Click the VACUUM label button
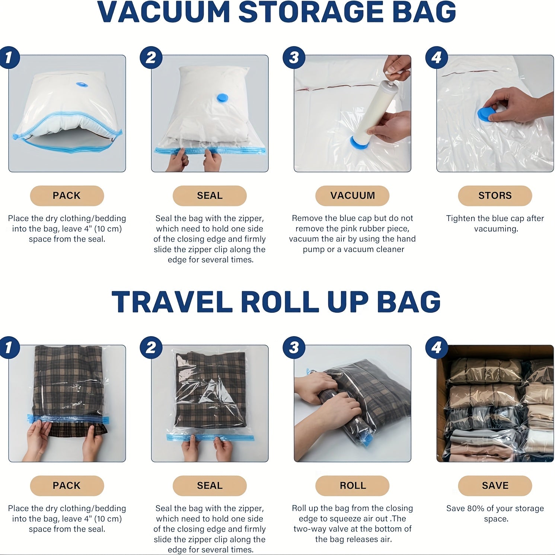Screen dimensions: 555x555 click(x=352, y=196)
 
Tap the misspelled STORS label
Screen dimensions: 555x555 click(x=495, y=196)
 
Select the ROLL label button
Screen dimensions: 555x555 click(x=352, y=486)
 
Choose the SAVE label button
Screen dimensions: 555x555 click(x=495, y=486)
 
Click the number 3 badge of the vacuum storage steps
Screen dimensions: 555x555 click(x=294, y=58)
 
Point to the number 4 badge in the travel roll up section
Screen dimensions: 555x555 click(x=437, y=348)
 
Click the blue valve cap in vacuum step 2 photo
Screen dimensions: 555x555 click(x=222, y=98)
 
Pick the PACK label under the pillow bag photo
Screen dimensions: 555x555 click(x=67, y=196)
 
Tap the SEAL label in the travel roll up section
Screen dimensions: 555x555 click(x=210, y=486)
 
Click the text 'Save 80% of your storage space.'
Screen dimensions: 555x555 click(x=495, y=513)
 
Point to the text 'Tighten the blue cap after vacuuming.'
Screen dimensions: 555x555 click(x=495, y=223)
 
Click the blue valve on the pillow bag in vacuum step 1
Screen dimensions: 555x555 click(x=82, y=84)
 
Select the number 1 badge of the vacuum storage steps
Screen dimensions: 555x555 click(x=9, y=58)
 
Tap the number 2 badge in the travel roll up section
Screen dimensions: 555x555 click(x=151, y=348)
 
